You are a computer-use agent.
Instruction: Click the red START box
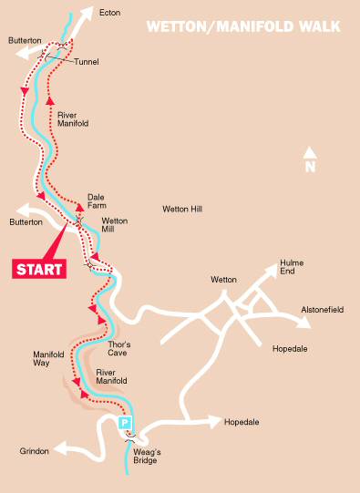pos(40,269)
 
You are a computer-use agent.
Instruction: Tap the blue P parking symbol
pos(127,423)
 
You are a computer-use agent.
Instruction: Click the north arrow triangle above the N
pos(310,152)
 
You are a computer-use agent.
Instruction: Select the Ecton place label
pos(110,13)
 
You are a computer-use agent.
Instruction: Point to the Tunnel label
pos(87,62)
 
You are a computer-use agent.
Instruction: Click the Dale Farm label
pos(97,200)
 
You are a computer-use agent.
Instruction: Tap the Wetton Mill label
pos(115,225)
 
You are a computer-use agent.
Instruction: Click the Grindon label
pos(34,451)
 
